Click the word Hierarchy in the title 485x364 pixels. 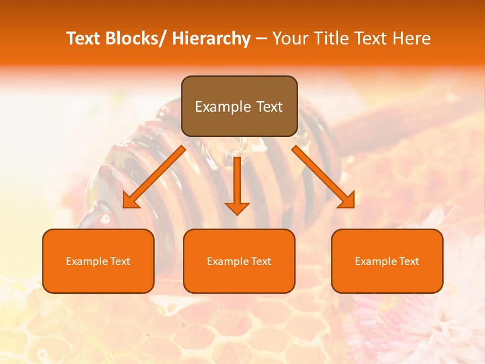211,38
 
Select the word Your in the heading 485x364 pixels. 289,38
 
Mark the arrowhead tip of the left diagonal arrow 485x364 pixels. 124,207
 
